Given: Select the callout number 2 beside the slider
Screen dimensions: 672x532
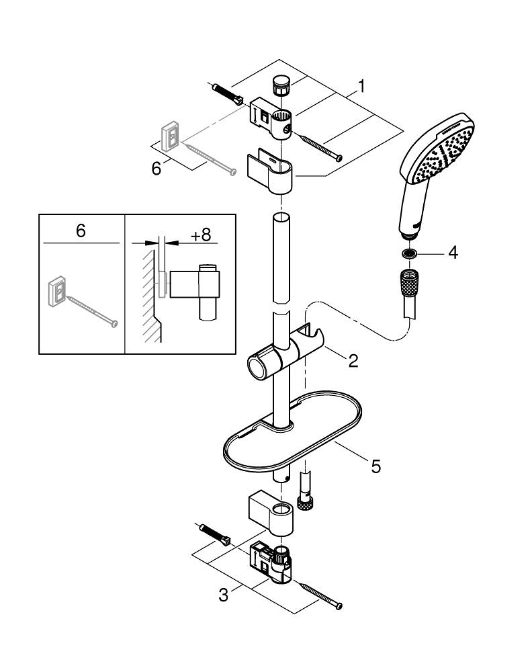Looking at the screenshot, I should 353,360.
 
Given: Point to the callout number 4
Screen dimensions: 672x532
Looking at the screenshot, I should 453,253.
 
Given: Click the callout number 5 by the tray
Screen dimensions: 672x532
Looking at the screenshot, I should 375,465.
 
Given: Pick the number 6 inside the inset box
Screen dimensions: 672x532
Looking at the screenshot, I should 81,231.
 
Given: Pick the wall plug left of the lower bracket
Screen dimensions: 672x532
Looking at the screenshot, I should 216,534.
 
